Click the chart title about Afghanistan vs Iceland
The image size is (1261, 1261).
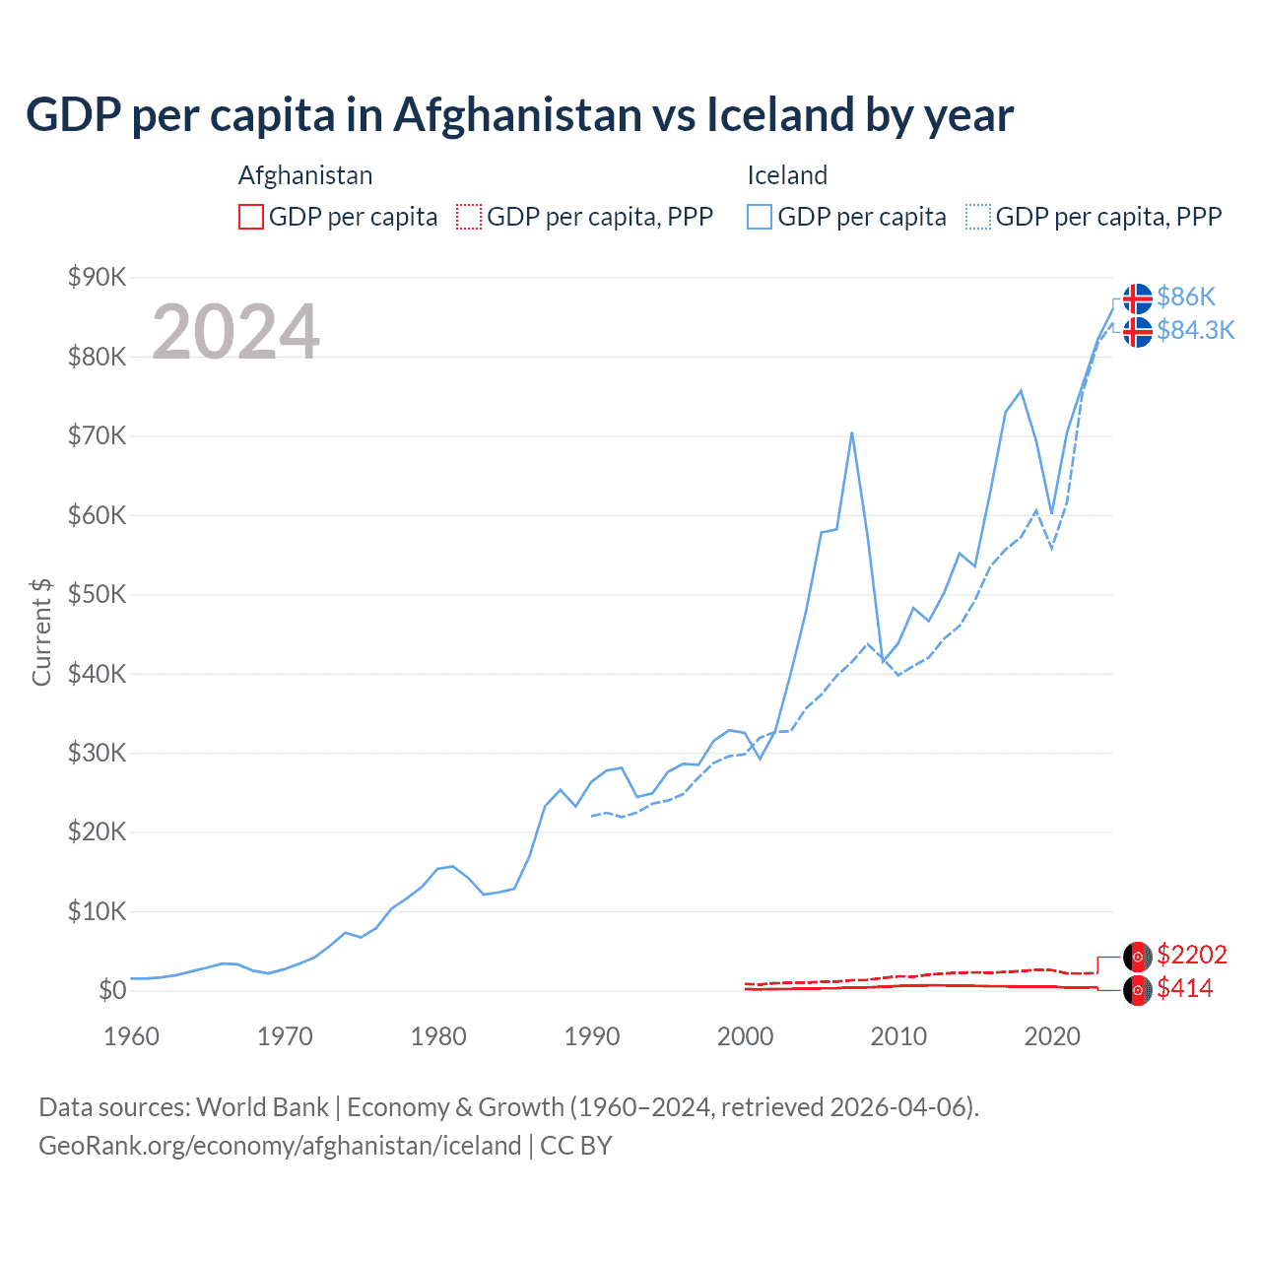(x=519, y=114)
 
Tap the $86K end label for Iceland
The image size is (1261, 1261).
(x=1186, y=297)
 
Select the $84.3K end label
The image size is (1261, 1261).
(x=1195, y=330)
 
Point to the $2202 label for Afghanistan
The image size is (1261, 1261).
(x=1191, y=955)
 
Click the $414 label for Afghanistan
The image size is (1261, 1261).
(x=1184, y=988)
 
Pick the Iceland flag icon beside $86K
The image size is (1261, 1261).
(x=1138, y=298)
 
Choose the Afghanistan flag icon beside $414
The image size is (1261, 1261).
(x=1138, y=990)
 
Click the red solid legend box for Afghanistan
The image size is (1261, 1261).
(x=251, y=217)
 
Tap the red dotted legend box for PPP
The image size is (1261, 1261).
(x=469, y=217)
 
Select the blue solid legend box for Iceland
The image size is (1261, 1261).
(x=760, y=217)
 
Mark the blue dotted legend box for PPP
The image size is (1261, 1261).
(x=978, y=217)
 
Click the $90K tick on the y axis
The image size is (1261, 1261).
(x=97, y=277)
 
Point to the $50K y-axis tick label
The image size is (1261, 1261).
(x=97, y=594)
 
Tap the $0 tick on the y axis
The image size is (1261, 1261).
(x=111, y=990)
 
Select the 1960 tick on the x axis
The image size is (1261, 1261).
(x=131, y=1036)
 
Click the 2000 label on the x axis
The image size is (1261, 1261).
(x=745, y=1036)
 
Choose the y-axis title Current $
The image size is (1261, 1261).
(x=41, y=632)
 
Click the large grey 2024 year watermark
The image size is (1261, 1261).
(x=235, y=332)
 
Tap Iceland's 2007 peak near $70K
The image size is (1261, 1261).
(x=851, y=432)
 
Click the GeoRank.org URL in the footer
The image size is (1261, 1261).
(x=280, y=1146)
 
